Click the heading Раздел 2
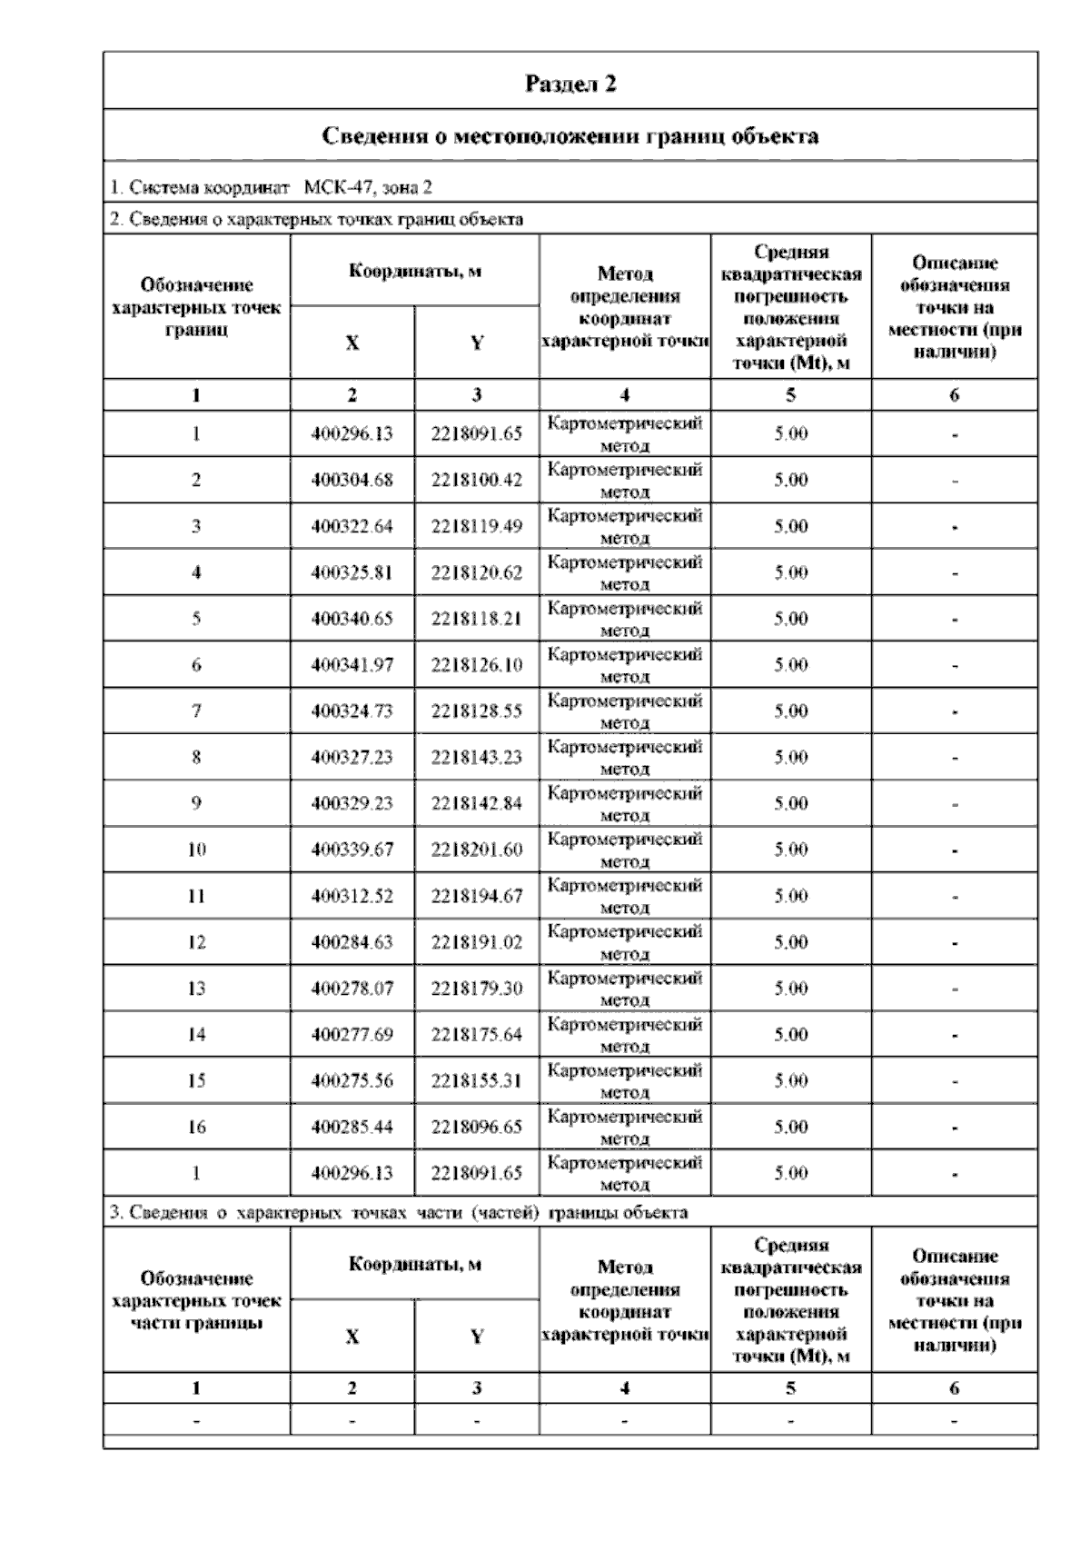coord(570,84)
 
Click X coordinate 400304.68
coord(352,480)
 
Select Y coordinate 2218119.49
coord(477,526)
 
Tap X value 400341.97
coord(352,665)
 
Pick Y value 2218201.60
coord(477,850)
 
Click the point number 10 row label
coord(196,850)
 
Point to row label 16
coord(196,1127)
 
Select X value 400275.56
coord(352,1080)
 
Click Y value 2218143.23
coord(477,757)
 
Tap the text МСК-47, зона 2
coord(368,188)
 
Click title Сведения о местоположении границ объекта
coord(570,136)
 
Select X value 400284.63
coord(352,942)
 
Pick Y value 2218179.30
coord(477,989)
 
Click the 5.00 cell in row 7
coord(790,711)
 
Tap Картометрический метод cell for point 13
coord(625,989)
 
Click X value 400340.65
coord(352,619)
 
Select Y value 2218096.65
coord(477,1127)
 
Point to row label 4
coord(196,572)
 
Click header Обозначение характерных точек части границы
coord(196,1300)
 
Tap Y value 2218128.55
coord(477,711)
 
